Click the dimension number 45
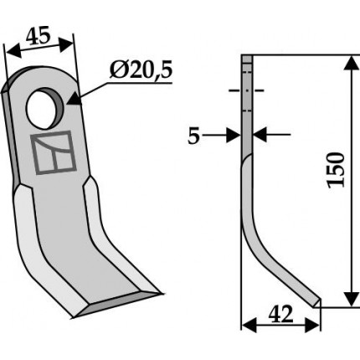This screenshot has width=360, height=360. click(x=39, y=35)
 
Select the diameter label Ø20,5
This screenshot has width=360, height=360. click(x=141, y=71)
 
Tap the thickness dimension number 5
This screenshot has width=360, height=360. click(x=193, y=136)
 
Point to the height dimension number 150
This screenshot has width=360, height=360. click(x=336, y=170)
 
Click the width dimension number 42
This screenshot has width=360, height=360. click(x=280, y=314)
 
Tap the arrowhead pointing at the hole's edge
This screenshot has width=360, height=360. click(x=74, y=99)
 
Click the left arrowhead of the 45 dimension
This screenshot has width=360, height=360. click(x=13, y=51)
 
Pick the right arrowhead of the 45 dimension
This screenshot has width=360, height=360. click(x=67, y=44)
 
